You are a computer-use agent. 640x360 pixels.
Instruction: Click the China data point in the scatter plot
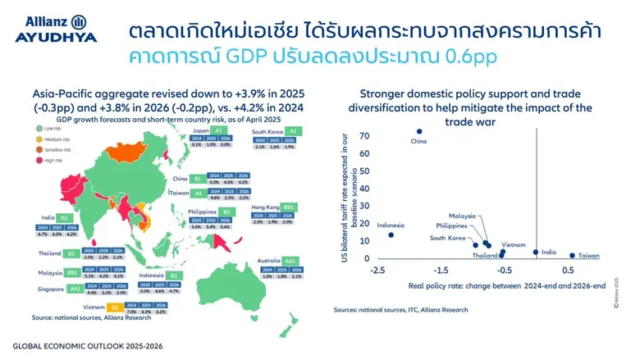click(419, 131)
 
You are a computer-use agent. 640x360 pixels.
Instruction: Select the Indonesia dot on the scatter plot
click(391, 235)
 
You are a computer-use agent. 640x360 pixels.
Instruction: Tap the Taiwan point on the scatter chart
click(573, 255)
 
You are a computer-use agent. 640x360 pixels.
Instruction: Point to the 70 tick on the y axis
click(363, 135)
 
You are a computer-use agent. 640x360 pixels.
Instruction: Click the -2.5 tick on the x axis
click(378, 270)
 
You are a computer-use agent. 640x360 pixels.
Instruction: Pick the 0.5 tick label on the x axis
click(567, 270)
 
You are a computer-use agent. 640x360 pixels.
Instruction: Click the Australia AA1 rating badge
click(290, 261)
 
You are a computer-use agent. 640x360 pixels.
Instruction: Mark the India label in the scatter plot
click(550, 253)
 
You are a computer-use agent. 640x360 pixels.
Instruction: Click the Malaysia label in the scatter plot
click(464, 216)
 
